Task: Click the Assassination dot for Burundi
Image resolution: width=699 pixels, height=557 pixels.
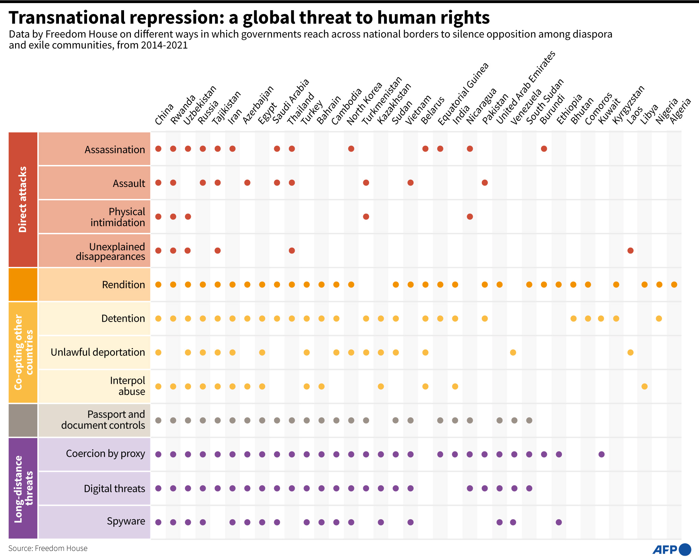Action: [544, 149]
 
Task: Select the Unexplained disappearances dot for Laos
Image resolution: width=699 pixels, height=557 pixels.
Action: [630, 251]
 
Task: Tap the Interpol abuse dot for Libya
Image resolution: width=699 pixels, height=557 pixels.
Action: [645, 387]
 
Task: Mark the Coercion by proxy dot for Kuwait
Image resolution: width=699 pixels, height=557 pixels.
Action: [601, 454]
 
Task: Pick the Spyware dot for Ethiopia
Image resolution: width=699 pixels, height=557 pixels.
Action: [559, 522]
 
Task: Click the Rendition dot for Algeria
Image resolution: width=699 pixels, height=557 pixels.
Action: [674, 285]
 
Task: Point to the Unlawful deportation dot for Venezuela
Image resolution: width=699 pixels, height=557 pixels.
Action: [513, 353]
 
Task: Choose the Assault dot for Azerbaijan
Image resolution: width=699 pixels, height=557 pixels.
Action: [247, 183]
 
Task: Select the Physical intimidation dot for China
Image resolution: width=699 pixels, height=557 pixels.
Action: [158, 217]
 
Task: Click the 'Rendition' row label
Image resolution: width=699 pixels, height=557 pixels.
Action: [123, 285]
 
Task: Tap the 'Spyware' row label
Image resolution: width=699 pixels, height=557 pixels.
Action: [126, 521]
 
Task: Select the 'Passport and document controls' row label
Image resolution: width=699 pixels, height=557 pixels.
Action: [103, 420]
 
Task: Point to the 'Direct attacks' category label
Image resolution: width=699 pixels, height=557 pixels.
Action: [23, 199]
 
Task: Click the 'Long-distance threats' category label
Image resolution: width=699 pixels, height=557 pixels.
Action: [23, 488]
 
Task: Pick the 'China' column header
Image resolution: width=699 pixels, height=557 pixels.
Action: [164, 114]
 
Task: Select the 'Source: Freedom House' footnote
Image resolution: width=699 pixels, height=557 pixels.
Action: [48, 548]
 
